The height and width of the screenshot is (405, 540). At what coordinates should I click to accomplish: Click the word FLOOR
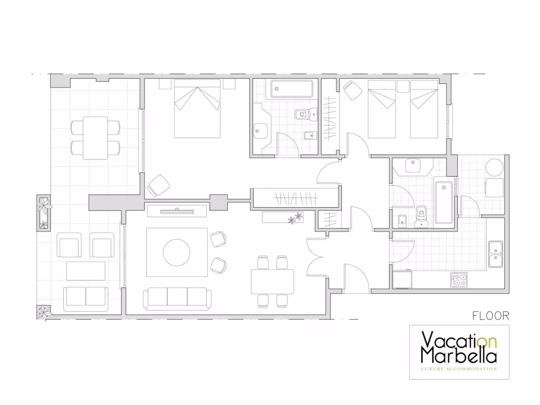[x=490, y=315]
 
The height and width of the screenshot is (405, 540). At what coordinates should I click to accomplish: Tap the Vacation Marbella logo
[x=459, y=352]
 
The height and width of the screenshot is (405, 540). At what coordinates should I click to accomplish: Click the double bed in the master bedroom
[x=197, y=109]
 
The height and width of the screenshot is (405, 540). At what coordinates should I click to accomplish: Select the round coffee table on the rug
[x=176, y=253]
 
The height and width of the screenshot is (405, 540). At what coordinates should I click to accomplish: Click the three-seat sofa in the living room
[x=177, y=298]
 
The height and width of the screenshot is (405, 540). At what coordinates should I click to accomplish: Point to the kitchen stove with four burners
[x=459, y=279]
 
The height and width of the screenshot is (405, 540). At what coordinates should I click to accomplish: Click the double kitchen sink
[x=496, y=254]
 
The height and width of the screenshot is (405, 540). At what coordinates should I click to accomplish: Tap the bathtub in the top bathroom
[x=292, y=89]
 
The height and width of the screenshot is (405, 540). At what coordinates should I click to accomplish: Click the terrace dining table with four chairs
[x=95, y=138]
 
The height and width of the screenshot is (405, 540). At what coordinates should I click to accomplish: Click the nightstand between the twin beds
[x=403, y=86]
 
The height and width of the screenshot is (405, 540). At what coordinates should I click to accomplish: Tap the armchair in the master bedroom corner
[x=158, y=186]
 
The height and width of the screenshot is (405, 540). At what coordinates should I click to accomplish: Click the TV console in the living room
[x=177, y=211]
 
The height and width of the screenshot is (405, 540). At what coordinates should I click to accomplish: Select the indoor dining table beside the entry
[x=273, y=282]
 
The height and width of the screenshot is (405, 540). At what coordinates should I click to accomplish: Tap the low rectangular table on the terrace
[x=86, y=271]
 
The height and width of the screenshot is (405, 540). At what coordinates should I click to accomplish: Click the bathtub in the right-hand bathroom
[x=443, y=202]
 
